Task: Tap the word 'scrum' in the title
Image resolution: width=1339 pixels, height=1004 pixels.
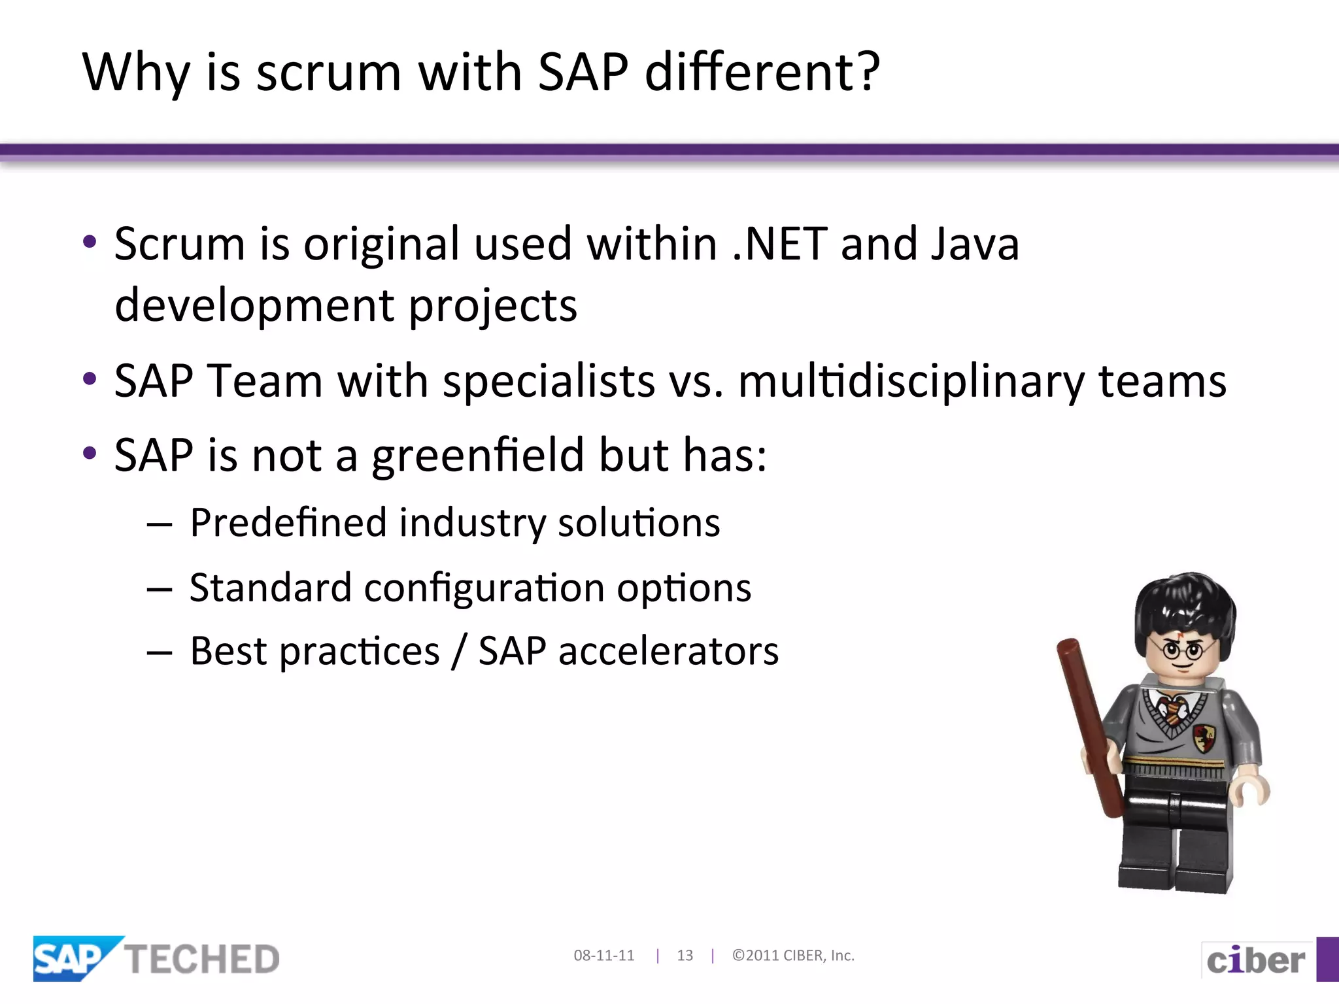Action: point(328,73)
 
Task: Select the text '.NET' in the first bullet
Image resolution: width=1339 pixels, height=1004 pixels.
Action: point(780,244)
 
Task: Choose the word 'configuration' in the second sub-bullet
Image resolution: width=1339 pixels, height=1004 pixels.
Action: point(484,588)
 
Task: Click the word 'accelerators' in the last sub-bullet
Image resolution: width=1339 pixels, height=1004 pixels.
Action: point(668,652)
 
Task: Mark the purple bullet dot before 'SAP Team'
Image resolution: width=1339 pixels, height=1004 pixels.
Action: point(90,378)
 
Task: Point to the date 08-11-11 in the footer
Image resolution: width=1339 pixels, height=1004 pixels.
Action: point(603,956)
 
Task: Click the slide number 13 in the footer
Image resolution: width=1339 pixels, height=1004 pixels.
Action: point(685,956)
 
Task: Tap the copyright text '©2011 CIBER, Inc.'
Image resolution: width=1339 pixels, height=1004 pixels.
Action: point(793,956)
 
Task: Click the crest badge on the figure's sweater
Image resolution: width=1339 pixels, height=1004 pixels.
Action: point(1204,738)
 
